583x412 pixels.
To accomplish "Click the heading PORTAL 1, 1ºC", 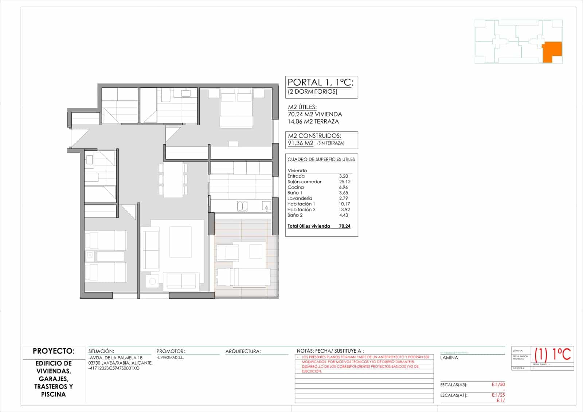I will (320, 82).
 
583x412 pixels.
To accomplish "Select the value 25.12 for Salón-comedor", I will (344, 182).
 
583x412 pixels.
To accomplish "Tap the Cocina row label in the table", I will (296, 187).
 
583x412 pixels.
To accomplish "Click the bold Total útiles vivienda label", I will (309, 226).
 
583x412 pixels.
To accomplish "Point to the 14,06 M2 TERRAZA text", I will (313, 122).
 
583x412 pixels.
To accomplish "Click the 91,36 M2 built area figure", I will (301, 143).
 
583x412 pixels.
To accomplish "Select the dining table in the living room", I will (173, 180).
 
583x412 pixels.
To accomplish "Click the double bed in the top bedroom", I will (236, 109).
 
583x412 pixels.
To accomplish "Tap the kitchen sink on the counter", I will (242, 207).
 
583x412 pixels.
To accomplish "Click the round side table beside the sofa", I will (152, 281).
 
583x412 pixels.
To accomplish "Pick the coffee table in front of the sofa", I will (180, 242).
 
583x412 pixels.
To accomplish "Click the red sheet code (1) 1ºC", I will (553, 354).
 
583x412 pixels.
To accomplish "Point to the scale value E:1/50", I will (498, 385).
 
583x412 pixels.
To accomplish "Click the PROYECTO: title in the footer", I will (54, 351).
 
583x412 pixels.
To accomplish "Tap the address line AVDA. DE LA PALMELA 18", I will (116, 358).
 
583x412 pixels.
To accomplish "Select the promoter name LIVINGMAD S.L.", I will (170, 358).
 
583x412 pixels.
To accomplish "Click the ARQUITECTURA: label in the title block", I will (243, 351).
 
